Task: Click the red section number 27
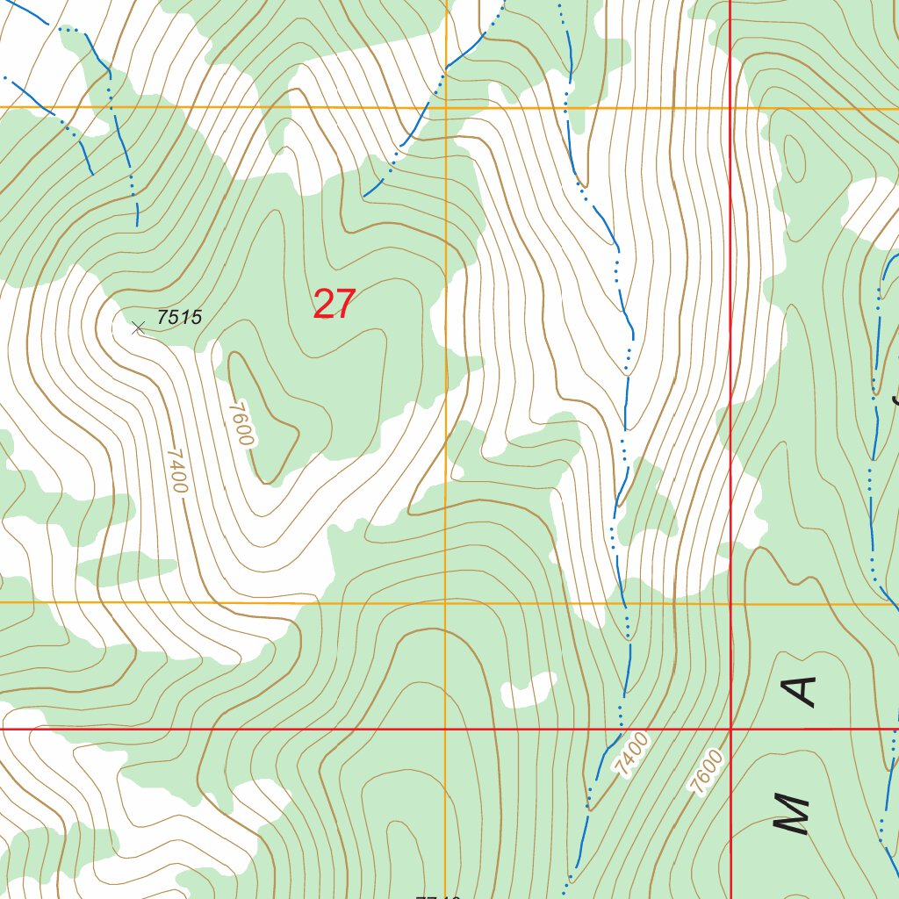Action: coord(334,305)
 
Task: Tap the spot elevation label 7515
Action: coord(180,318)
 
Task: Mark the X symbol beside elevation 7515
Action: coord(138,328)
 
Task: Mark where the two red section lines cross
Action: coord(731,729)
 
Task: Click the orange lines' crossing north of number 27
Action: coord(446,107)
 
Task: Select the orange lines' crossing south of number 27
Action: coord(446,603)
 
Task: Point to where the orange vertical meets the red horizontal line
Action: coord(446,729)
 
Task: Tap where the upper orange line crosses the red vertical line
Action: coord(731,108)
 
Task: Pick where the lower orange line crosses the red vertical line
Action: coord(731,603)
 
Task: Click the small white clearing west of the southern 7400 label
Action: coord(529,690)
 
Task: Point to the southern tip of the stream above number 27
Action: coord(365,196)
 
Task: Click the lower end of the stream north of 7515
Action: coord(138,225)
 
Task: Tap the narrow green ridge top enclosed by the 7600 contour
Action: coord(263,413)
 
